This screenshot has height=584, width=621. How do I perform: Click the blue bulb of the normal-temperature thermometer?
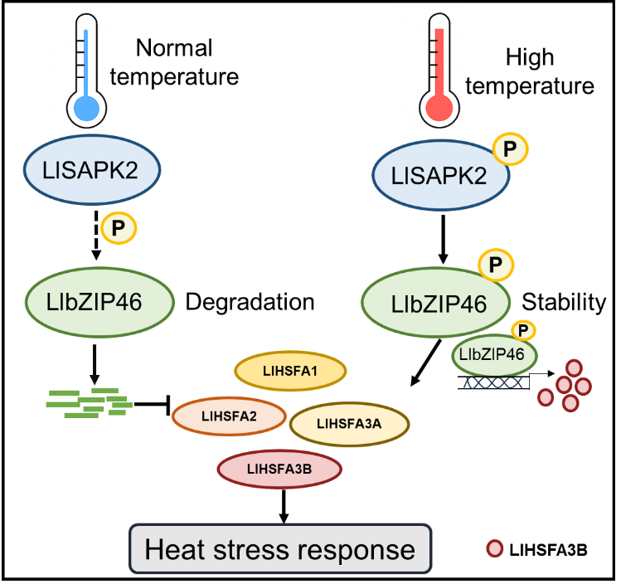pyautogui.click(x=86, y=108)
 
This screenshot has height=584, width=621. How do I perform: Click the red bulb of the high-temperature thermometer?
pyautogui.click(x=439, y=108)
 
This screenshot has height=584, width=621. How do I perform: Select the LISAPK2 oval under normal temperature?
pyautogui.click(x=92, y=169)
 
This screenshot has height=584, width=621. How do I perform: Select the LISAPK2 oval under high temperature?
pyautogui.click(x=440, y=175)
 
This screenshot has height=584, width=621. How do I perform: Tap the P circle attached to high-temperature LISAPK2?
pyautogui.click(x=510, y=149)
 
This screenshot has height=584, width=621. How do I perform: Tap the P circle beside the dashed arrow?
pyautogui.click(x=119, y=228)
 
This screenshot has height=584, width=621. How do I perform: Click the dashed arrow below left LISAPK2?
pyautogui.click(x=96, y=236)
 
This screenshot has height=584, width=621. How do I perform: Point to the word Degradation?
pyautogui.click(x=250, y=302)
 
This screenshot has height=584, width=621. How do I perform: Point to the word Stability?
pyautogui.click(x=564, y=302)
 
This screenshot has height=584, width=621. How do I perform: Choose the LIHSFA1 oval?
pyautogui.click(x=290, y=371)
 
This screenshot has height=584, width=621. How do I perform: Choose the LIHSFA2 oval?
pyautogui.click(x=229, y=416)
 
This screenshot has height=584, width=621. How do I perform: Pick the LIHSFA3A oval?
pyautogui.click(x=349, y=424)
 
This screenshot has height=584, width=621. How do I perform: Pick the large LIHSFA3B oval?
pyautogui.click(x=279, y=469)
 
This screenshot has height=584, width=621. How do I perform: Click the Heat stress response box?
pyautogui.click(x=280, y=548)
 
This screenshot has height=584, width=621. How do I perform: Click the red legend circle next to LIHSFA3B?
pyautogui.click(x=495, y=549)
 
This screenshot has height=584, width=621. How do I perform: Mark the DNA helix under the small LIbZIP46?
pyautogui.click(x=493, y=382)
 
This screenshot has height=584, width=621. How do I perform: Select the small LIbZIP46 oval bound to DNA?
pyautogui.click(x=494, y=355)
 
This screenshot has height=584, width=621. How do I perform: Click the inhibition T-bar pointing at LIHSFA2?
pyautogui.click(x=152, y=405)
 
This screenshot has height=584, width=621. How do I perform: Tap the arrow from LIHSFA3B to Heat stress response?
pyautogui.click(x=284, y=507)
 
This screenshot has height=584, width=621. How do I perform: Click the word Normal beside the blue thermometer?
pyautogui.click(x=174, y=48)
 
